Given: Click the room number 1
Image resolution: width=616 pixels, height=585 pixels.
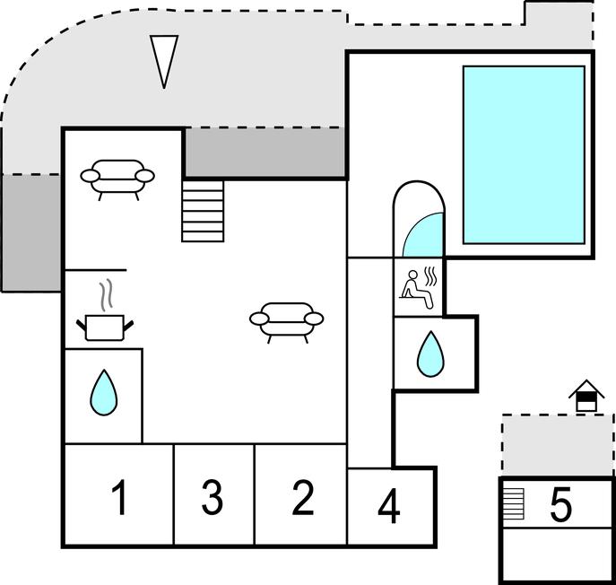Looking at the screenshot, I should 118,498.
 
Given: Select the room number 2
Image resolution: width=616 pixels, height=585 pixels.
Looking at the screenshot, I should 304,498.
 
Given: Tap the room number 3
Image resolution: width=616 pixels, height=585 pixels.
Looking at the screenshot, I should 212,498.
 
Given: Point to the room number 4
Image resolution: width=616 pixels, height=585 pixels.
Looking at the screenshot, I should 388,507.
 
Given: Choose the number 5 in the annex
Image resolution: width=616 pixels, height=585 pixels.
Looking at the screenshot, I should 560,505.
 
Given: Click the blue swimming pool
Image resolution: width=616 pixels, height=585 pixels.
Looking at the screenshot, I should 523,154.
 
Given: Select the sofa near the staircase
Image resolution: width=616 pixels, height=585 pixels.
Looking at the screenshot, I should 117,175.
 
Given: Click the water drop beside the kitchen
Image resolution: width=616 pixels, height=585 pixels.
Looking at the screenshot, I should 104,393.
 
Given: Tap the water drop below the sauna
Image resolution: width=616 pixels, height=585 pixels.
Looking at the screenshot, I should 430,354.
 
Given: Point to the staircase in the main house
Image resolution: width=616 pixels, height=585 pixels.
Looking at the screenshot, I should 203,210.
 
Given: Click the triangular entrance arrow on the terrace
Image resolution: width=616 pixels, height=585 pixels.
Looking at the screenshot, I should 164,60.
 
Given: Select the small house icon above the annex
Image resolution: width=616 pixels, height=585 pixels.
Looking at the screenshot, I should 586,396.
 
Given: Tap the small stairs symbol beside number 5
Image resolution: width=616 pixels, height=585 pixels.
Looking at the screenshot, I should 513,502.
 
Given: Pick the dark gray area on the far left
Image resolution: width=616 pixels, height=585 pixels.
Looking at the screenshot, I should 31,231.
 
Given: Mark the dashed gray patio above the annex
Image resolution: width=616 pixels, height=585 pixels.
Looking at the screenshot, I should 557,445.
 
